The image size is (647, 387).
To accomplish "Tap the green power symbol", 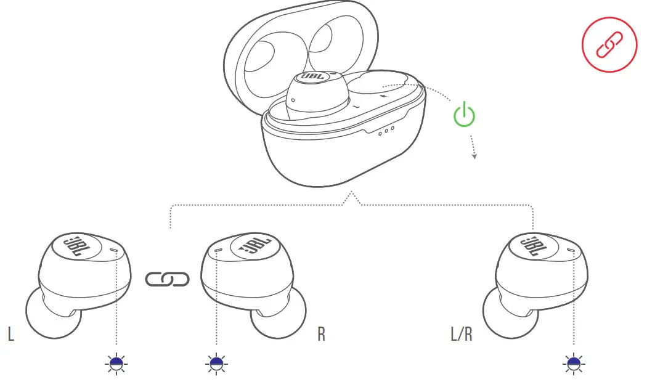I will coord(465,115).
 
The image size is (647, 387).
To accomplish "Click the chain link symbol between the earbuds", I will coord(168,279).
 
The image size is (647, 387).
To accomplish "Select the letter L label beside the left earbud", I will coord(11,334).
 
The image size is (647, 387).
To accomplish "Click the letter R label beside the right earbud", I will coord(321,334).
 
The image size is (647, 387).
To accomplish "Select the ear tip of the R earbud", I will coord(277,316).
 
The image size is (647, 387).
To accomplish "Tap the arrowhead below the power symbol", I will coord(474,157).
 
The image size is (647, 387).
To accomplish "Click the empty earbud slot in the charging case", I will coord(376,89).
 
